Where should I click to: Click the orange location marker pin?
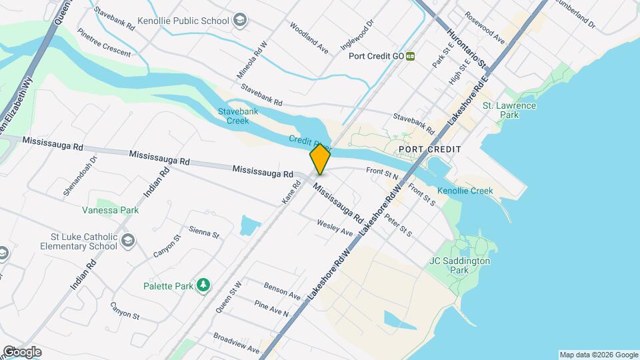click(x=320, y=159)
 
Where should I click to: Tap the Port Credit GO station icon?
click(x=411, y=56)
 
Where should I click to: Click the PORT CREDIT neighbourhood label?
click(x=430, y=149)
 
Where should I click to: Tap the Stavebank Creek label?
click(x=233, y=115)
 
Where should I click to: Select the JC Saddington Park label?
click(x=459, y=265)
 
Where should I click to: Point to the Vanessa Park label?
click(x=110, y=210)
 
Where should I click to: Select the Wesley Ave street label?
click(x=335, y=227)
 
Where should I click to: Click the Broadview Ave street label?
click(x=236, y=344)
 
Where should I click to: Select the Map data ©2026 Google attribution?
click(x=598, y=355)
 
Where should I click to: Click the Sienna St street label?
click(x=204, y=231)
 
